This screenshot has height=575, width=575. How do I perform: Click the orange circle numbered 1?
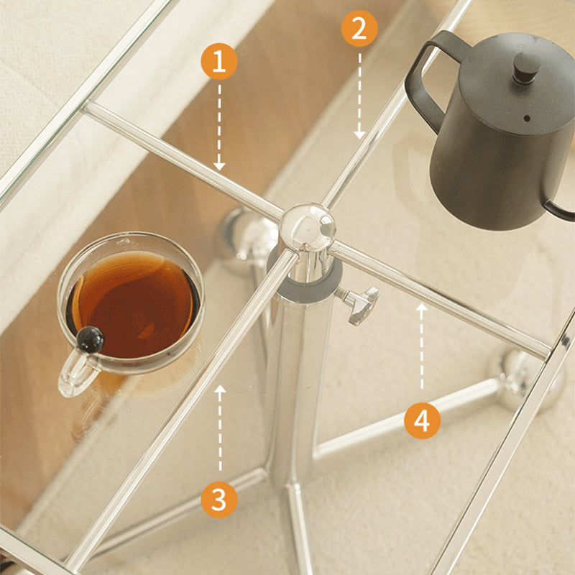(x=219, y=61)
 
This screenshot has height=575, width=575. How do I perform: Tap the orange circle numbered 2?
(x=359, y=28)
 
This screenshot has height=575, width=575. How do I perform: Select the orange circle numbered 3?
(x=219, y=500)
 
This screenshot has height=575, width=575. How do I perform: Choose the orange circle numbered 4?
(x=422, y=420)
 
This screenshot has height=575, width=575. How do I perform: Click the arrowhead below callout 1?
(x=219, y=166)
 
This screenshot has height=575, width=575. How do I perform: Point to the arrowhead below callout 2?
(x=359, y=134)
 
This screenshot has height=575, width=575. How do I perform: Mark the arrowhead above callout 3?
(x=220, y=389)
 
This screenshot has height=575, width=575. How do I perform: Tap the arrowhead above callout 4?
(x=422, y=308)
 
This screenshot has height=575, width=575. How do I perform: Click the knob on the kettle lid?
(x=527, y=68)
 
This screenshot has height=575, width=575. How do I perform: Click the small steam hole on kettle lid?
(x=527, y=119)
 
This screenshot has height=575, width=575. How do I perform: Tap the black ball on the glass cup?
(x=91, y=339)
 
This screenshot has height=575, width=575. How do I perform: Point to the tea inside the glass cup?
(x=133, y=304)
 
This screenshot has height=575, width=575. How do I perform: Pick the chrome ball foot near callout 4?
(x=528, y=379)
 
